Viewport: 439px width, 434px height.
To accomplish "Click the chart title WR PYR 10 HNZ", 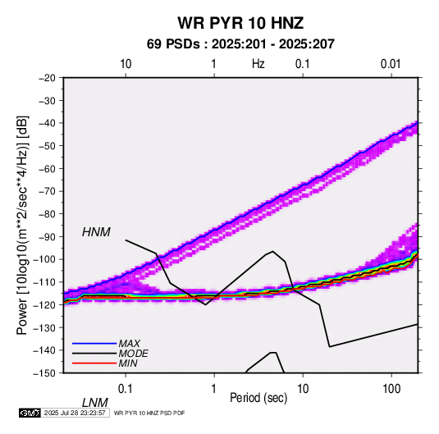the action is tap(240, 23).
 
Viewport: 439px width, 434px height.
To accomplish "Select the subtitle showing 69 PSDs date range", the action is tap(240, 44).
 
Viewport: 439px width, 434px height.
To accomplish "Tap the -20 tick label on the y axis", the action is tap(47, 78).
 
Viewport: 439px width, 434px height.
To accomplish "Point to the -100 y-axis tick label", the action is tap(44, 259).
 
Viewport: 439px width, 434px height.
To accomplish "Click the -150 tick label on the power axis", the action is tap(44, 373).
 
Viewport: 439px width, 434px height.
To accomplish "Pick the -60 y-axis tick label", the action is tap(47, 168).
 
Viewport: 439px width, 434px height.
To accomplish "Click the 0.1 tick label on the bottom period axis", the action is tap(126, 389).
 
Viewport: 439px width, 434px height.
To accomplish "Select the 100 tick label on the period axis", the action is tap(391, 389).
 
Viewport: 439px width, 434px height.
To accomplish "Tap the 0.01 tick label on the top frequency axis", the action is tap(391, 64).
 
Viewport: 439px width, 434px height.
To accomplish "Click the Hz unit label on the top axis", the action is tap(258, 64).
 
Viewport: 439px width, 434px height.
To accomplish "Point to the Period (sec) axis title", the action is tap(258, 398).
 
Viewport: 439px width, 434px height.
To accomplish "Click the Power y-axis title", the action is tap(22, 226).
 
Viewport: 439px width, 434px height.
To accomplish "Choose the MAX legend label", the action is tap(129, 343).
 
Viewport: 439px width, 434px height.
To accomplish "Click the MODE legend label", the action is tap(133, 354).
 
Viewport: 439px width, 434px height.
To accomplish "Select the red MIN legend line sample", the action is tap(94, 363).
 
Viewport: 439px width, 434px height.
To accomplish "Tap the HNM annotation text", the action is tap(96, 232).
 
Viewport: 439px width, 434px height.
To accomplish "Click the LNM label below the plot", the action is tap(95, 403).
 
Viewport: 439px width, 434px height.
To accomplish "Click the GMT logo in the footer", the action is tap(30, 413).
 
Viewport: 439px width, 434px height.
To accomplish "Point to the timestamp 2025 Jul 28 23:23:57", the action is tap(75, 413).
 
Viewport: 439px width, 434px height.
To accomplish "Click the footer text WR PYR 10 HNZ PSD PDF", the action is tap(149, 413).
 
